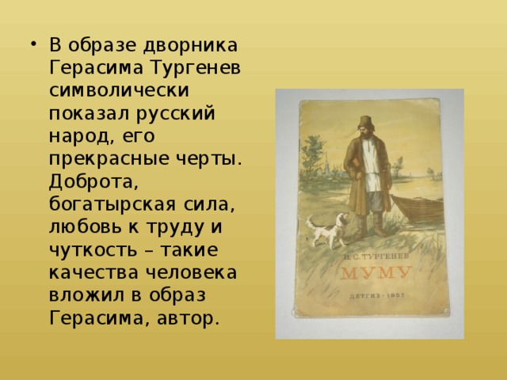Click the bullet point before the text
coord(32,44)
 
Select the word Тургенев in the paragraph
coord(196,69)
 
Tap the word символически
coord(119,90)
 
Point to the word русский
coord(176,114)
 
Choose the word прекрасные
coord(109,159)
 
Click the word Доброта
coord(93,182)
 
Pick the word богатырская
coord(112,205)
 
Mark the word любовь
coord(85,227)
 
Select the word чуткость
coord(93,250)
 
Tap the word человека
coord(191,272)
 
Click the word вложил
coord(86,295)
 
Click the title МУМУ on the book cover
coord(376,273)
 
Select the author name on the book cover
coord(375,256)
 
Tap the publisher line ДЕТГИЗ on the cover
coord(377,295)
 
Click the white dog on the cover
coord(327,230)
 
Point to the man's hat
coord(366,122)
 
